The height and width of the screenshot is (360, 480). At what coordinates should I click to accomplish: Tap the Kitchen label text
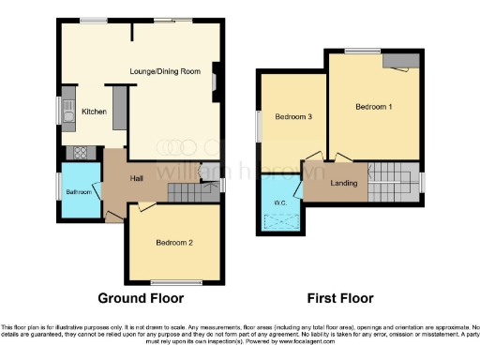click(x=94, y=112)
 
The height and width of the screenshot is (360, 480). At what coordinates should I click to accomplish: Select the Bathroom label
click(x=79, y=192)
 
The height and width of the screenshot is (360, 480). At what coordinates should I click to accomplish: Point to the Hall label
click(x=136, y=178)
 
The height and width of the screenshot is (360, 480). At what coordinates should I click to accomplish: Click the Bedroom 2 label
click(x=174, y=242)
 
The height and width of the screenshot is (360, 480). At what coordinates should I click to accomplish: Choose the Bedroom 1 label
click(x=373, y=107)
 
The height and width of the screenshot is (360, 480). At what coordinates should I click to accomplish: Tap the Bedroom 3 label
click(x=292, y=117)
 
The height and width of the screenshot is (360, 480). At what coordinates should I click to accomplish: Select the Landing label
click(x=344, y=182)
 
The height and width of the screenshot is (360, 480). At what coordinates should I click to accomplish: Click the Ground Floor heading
click(x=140, y=297)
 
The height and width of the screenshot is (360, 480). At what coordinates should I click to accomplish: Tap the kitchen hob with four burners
click(x=79, y=153)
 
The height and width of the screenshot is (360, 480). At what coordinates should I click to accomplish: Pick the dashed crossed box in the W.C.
click(x=280, y=222)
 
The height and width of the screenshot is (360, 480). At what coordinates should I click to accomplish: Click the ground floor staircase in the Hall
click(x=191, y=190)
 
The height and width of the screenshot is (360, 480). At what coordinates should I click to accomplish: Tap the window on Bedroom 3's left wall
click(x=259, y=124)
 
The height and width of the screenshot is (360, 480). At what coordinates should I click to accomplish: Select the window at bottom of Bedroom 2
click(x=174, y=281)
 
